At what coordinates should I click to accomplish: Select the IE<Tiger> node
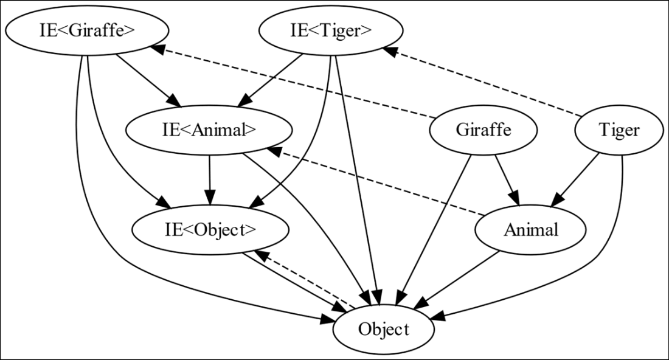pyautogui.click(x=331, y=31)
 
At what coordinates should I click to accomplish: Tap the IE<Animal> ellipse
pyautogui.click(x=209, y=130)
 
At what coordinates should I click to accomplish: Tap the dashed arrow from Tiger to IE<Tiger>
pyautogui.click(x=487, y=82)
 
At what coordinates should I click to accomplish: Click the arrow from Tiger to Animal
pyautogui.click(x=578, y=179)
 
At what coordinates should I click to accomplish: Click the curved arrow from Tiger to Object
pyautogui.click(x=614, y=243)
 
